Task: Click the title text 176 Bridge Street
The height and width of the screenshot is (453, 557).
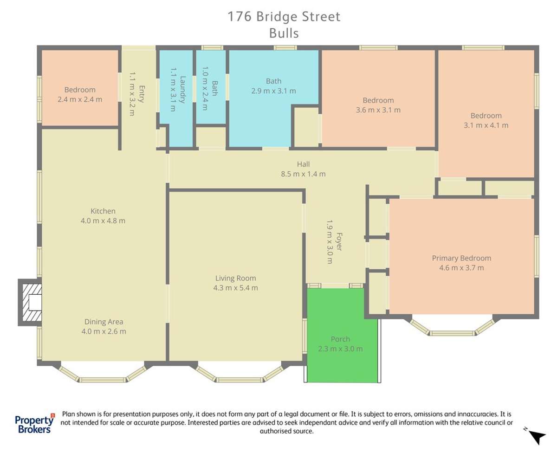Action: (x=284, y=17)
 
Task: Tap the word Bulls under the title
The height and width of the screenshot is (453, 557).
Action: (x=284, y=33)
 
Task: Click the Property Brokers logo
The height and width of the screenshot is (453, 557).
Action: (x=34, y=423)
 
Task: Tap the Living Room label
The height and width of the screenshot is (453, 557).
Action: (x=235, y=278)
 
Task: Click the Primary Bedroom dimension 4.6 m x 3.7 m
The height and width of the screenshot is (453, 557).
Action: (x=461, y=268)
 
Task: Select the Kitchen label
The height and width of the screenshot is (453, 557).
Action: (x=103, y=211)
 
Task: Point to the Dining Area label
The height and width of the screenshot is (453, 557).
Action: (x=104, y=322)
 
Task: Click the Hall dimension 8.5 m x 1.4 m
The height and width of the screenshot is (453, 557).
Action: (x=303, y=174)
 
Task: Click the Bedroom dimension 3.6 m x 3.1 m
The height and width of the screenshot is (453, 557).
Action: (x=378, y=110)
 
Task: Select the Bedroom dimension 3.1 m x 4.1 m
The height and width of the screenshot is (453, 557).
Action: (x=486, y=125)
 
